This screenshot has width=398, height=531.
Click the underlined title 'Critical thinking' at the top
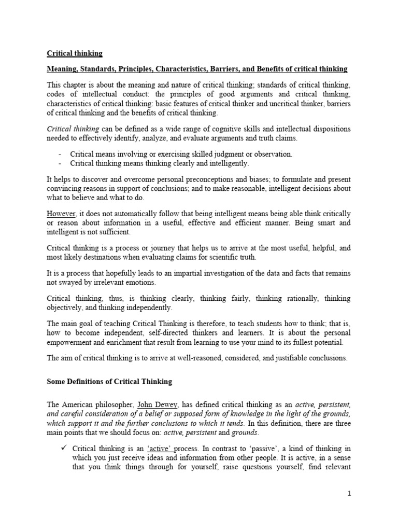pos(75,53)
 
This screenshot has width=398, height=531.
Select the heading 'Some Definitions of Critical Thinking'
pos(109,382)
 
